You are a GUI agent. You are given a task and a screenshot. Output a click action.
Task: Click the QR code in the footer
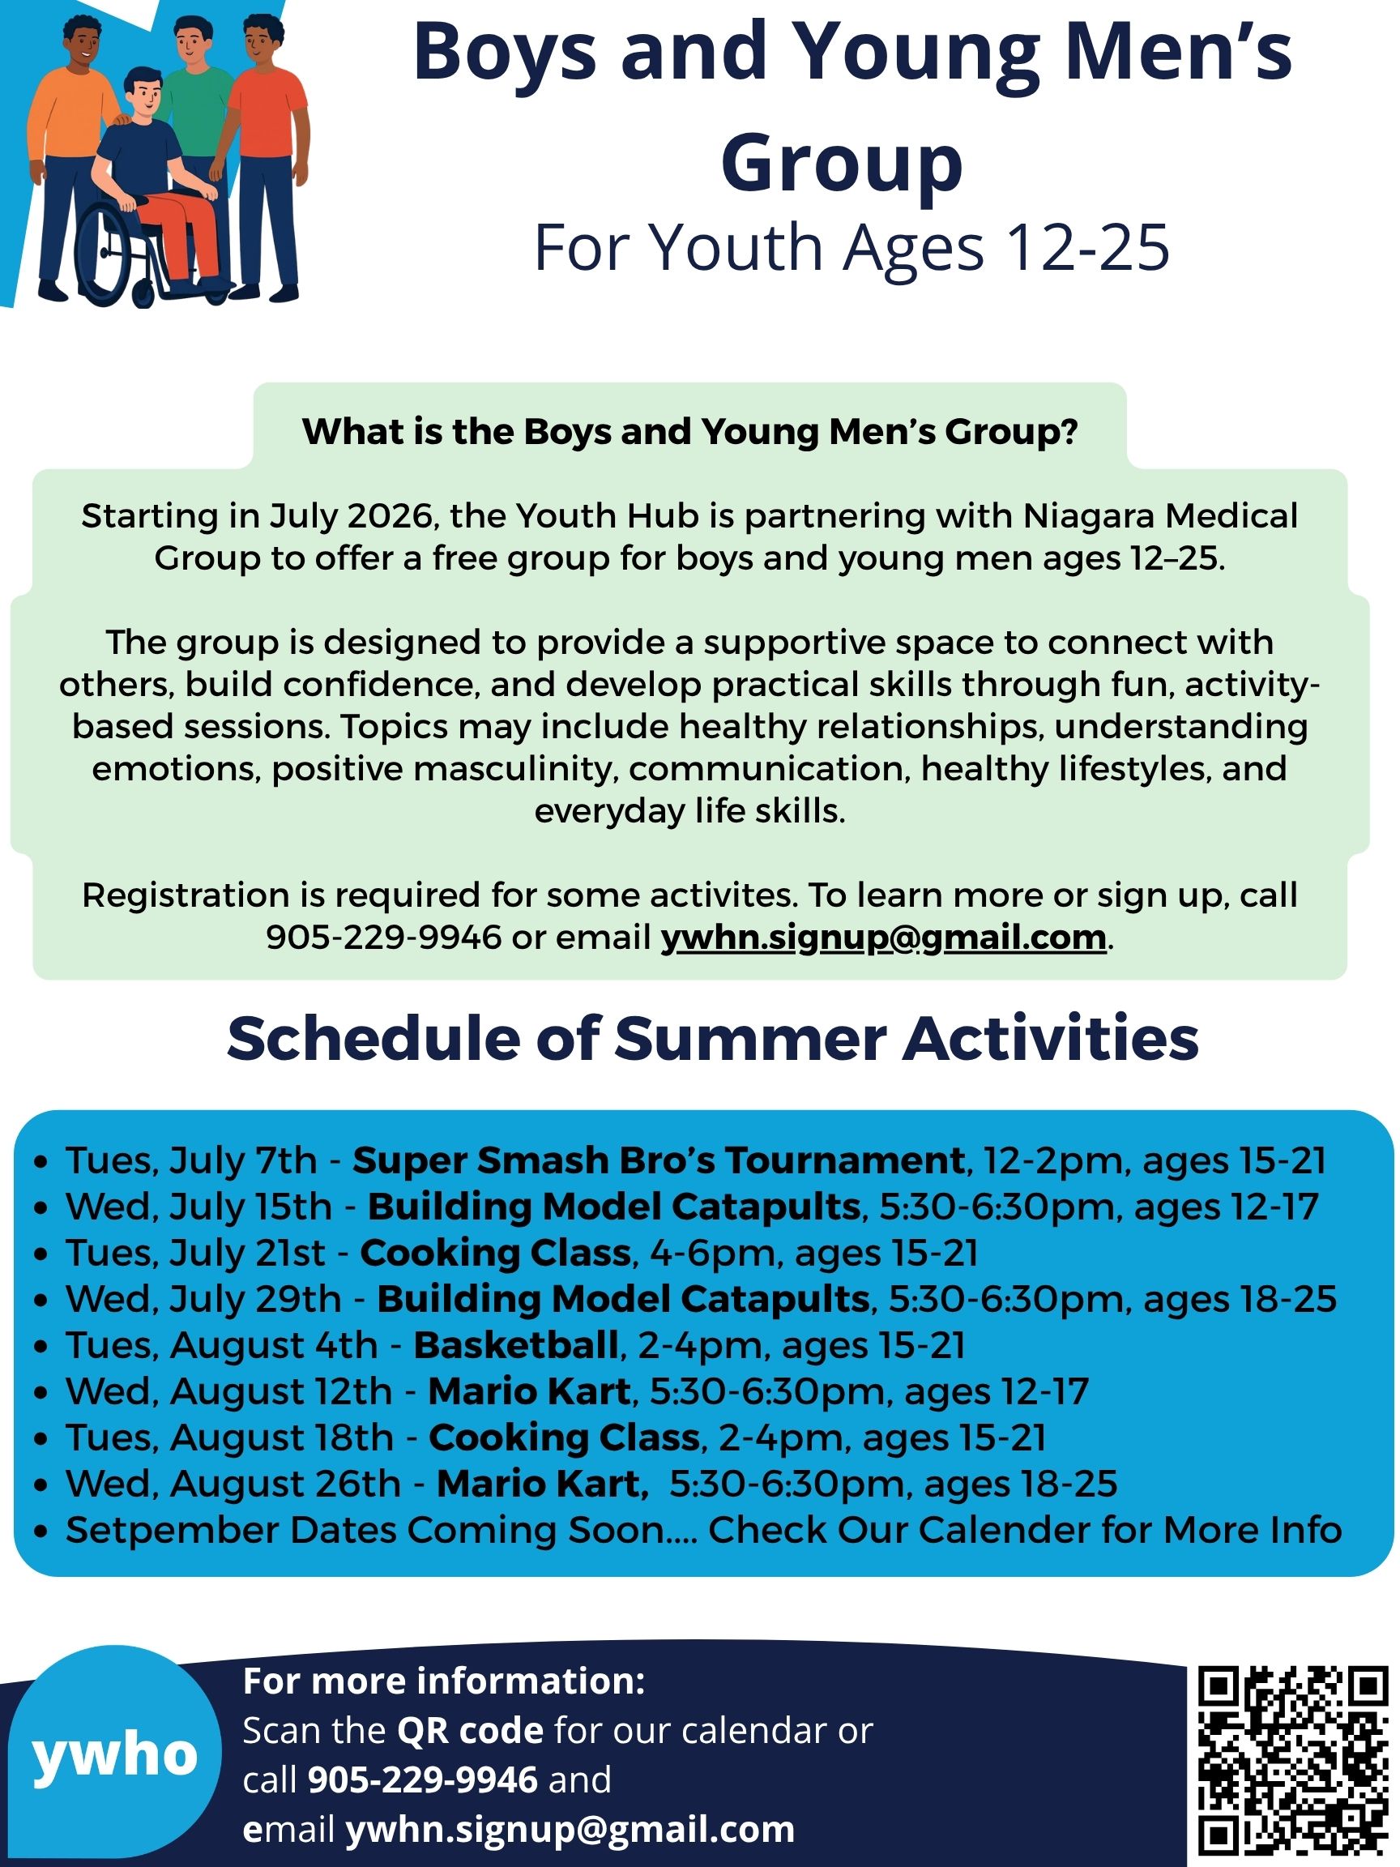(x=1294, y=1764)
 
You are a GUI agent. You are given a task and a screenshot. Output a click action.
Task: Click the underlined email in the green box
(x=884, y=938)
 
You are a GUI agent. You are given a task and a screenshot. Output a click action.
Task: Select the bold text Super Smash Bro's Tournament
(x=658, y=1160)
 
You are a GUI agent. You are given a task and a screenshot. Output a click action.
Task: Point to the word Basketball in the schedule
(x=515, y=1345)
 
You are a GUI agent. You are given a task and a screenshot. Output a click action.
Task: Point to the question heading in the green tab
(x=690, y=431)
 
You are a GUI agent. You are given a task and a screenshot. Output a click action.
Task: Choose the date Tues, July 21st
(x=195, y=1254)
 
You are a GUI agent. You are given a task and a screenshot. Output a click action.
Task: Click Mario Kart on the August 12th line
(x=529, y=1392)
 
